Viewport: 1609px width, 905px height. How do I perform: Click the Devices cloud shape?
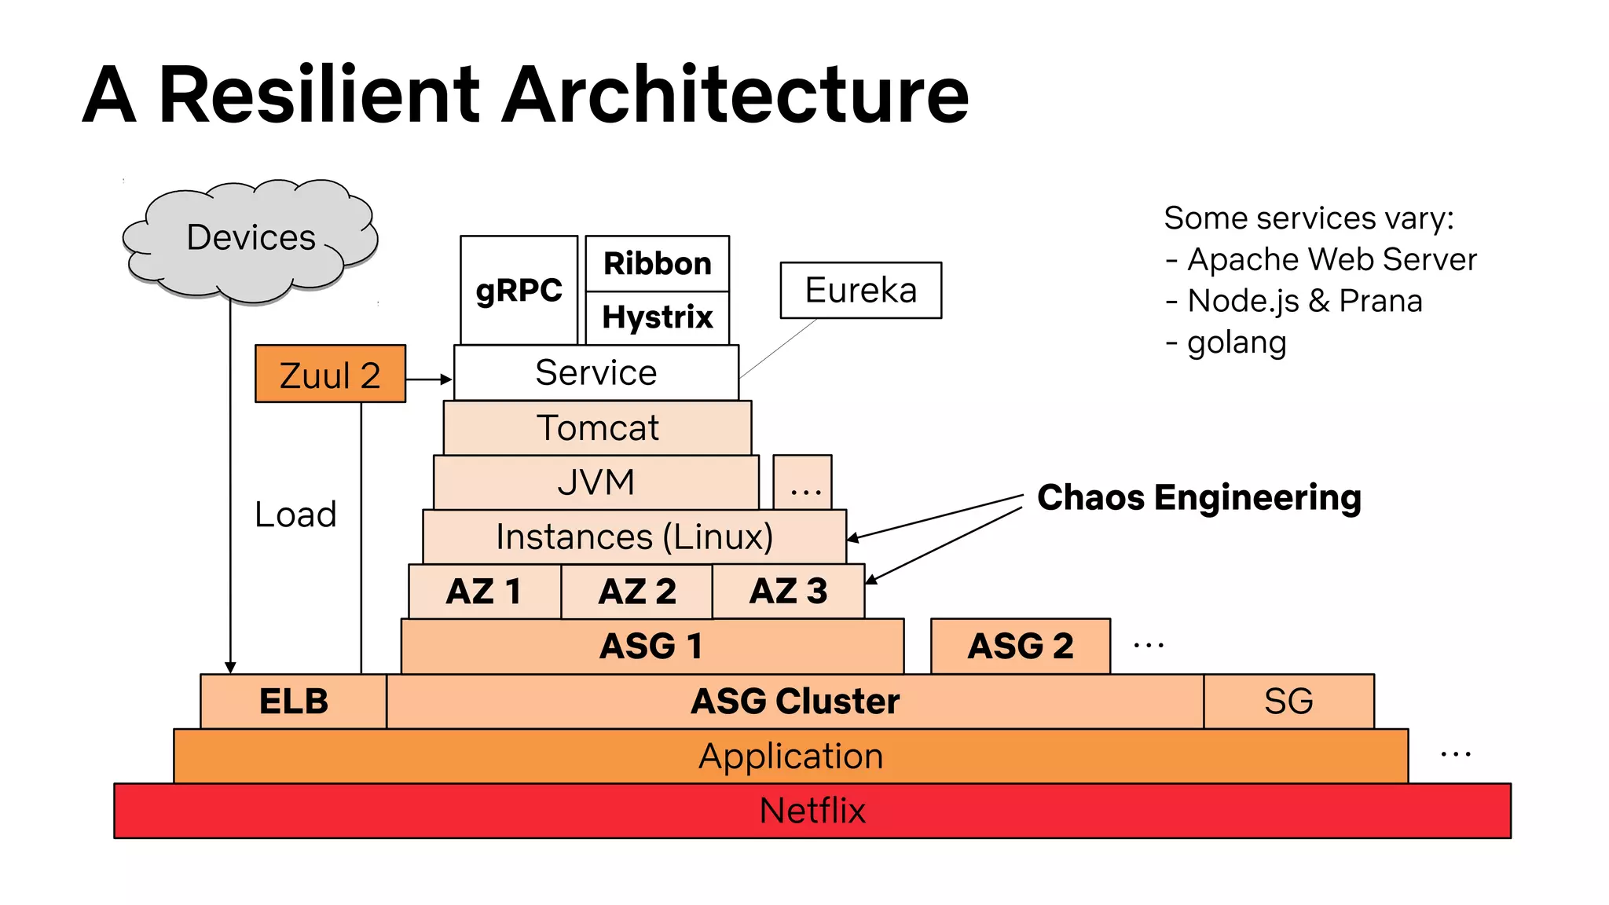point(250,240)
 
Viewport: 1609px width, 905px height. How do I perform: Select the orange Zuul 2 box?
point(330,375)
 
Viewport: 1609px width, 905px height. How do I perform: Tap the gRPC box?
point(519,290)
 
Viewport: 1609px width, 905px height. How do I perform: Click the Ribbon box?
point(657,263)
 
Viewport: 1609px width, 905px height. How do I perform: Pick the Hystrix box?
point(657,317)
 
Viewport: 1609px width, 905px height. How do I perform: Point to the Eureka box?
point(860,290)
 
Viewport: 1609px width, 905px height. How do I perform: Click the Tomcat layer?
point(597,428)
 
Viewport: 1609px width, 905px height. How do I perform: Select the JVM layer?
point(596,482)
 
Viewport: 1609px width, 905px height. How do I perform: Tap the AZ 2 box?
point(636,592)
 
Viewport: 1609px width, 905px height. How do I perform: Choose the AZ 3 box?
point(788,591)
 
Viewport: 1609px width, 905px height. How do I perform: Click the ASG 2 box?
point(1020,646)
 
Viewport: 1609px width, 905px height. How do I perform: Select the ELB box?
point(293,701)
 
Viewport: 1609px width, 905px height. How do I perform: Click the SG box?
point(1288,701)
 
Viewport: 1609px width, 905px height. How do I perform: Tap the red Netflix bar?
point(812,811)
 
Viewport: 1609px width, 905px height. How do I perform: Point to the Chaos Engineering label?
point(1199,497)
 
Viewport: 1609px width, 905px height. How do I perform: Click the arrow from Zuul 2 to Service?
point(429,379)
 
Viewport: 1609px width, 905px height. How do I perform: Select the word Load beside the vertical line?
point(295,515)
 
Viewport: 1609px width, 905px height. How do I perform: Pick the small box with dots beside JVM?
point(802,482)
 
